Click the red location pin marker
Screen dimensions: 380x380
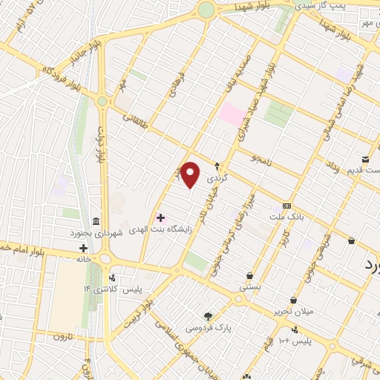click(190, 174)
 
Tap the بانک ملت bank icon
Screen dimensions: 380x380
click(286, 206)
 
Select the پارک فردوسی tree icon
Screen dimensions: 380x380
click(208, 315)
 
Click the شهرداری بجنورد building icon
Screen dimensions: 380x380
click(96, 222)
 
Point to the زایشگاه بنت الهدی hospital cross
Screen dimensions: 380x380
click(160, 217)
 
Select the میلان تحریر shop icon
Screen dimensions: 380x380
click(295, 300)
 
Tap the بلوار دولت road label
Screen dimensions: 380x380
click(98, 145)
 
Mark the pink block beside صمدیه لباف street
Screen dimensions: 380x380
click(232, 114)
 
